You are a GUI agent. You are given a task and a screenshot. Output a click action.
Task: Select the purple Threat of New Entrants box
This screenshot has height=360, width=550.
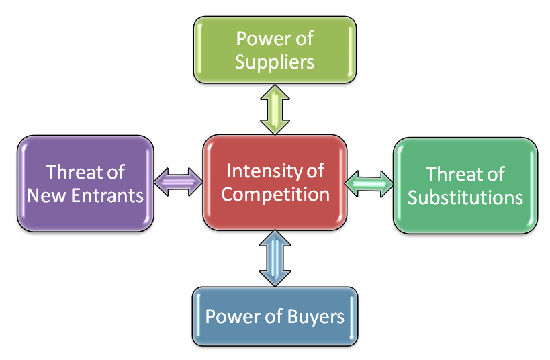click(x=85, y=183)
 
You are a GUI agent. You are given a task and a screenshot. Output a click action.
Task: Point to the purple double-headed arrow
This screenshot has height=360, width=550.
click(x=178, y=182)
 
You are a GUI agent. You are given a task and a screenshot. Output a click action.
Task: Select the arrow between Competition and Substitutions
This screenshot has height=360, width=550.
click(x=369, y=183)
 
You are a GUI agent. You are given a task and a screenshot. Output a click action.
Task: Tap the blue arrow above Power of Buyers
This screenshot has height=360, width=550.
click(x=275, y=257)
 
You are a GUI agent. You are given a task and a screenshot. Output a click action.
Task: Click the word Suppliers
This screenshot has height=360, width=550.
click(x=275, y=62)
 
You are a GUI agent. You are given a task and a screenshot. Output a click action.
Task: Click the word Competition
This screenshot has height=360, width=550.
click(x=275, y=194)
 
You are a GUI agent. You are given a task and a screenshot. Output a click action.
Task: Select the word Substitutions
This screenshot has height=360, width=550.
click(x=465, y=197)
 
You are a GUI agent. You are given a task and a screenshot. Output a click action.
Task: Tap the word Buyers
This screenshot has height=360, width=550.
click(x=314, y=316)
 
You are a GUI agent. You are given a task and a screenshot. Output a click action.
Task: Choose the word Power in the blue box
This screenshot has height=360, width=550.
click(x=230, y=316)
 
